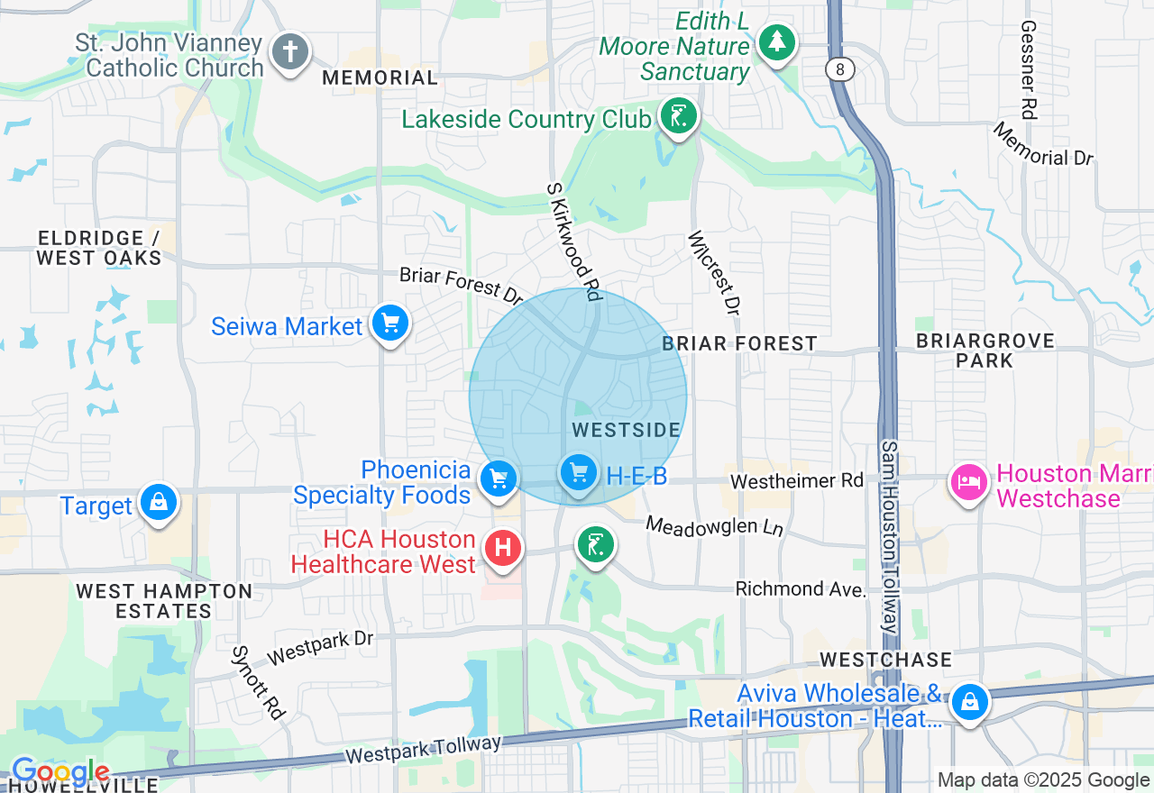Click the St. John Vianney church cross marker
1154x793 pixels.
(x=289, y=51)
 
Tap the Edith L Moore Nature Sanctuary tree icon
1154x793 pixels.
(x=775, y=41)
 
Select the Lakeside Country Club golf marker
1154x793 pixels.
(x=679, y=116)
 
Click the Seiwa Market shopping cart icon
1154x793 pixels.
(x=389, y=324)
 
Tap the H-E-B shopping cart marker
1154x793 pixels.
(x=578, y=472)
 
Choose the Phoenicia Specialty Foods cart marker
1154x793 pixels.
(x=498, y=479)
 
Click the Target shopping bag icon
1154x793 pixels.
(x=159, y=502)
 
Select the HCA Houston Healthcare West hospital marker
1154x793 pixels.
(x=502, y=547)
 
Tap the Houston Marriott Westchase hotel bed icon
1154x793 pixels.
(x=968, y=482)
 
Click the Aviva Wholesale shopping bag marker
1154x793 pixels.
(x=970, y=700)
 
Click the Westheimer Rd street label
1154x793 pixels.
(x=796, y=481)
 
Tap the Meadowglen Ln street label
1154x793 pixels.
(x=714, y=526)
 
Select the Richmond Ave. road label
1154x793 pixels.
(x=801, y=589)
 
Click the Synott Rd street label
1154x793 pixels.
(x=258, y=682)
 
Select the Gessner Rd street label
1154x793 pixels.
(x=1028, y=70)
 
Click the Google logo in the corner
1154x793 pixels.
(x=60, y=772)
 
